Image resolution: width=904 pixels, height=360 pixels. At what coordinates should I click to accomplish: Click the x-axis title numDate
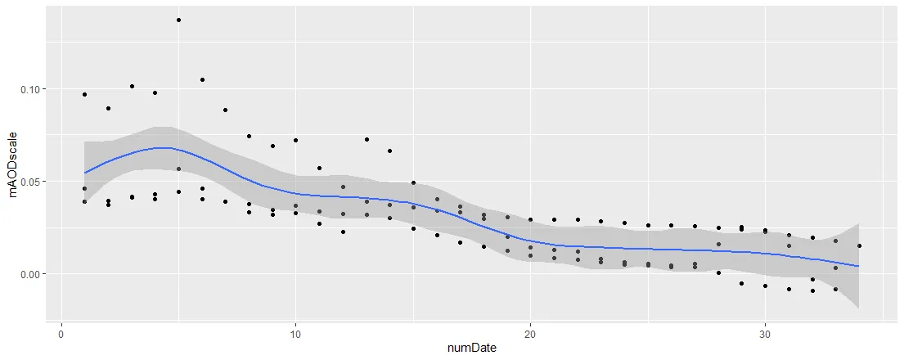pyautogui.click(x=471, y=349)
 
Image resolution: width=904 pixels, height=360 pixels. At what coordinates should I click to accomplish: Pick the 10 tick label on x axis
pyautogui.click(x=295, y=334)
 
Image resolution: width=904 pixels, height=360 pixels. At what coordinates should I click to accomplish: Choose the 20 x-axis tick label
pyautogui.click(x=530, y=334)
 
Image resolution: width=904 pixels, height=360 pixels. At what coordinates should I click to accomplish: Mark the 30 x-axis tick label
pyautogui.click(x=765, y=334)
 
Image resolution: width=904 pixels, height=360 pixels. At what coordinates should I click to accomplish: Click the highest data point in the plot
pyautogui.click(x=178, y=20)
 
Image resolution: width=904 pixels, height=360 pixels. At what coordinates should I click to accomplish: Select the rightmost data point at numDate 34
pyautogui.click(x=859, y=245)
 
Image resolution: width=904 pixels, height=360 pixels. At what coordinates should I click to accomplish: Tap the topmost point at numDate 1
pyautogui.click(x=84, y=94)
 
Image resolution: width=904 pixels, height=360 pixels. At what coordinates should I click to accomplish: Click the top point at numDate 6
pyautogui.click(x=202, y=79)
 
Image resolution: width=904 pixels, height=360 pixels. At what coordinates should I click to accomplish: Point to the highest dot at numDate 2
pyautogui.click(x=108, y=108)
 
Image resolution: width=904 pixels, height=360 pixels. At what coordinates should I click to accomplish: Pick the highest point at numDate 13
pyautogui.click(x=367, y=139)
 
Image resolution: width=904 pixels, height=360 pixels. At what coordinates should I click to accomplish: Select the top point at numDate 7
pyautogui.click(x=225, y=110)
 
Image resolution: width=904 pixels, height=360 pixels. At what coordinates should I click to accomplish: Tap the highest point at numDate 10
pyautogui.click(x=295, y=140)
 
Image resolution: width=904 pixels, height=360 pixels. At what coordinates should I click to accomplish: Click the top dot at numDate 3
pyautogui.click(x=132, y=86)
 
